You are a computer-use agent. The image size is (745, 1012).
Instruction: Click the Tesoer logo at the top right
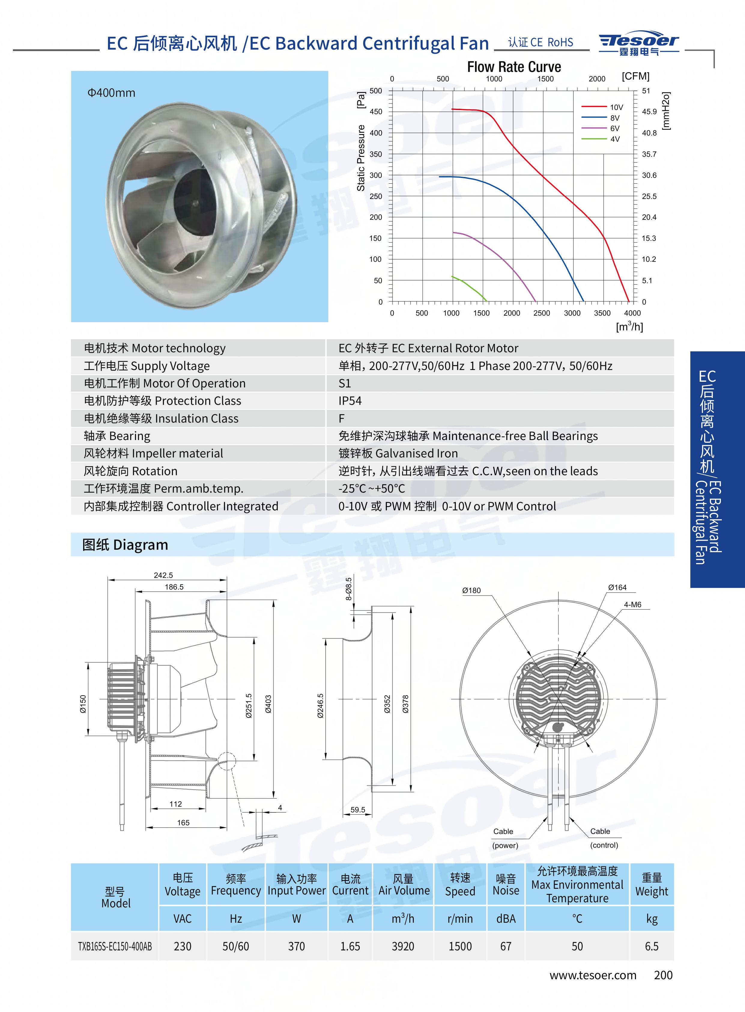pyautogui.click(x=639, y=44)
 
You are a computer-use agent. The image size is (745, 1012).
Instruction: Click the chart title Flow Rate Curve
pyautogui.click(x=514, y=67)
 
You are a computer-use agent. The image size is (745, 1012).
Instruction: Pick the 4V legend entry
pyautogui.click(x=601, y=139)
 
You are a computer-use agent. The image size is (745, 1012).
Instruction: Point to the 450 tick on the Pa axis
pyautogui.click(x=376, y=112)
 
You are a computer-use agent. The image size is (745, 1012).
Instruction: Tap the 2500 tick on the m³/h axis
pyautogui.click(x=542, y=313)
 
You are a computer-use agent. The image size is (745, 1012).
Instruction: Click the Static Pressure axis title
pyautogui.click(x=361, y=158)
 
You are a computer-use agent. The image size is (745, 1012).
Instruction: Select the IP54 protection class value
pyautogui.click(x=350, y=401)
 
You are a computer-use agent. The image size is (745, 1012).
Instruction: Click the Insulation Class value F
pyautogui.click(x=341, y=418)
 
